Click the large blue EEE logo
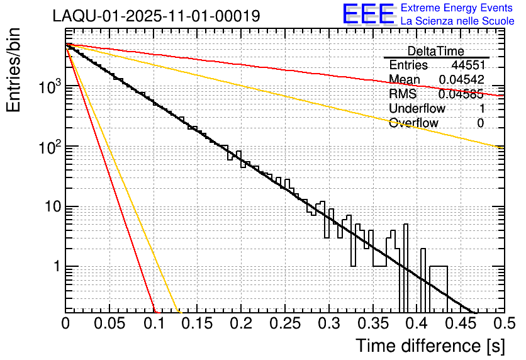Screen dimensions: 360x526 click(368, 14)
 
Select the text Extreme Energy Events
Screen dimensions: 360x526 click(456, 8)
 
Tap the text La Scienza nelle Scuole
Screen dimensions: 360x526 click(457, 21)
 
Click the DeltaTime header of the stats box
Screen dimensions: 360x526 click(435, 51)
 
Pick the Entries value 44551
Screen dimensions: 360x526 click(467, 65)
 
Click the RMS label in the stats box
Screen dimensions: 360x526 click(403, 94)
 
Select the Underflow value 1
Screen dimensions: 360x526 click(481, 108)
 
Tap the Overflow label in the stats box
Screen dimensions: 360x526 click(413, 123)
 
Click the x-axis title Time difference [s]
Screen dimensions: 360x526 click(430, 346)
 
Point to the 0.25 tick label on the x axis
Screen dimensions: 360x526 click(285, 323)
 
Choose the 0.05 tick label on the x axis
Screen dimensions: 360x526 click(109, 323)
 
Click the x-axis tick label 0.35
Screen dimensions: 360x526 click(372, 323)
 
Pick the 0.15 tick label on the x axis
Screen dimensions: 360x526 click(197, 323)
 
